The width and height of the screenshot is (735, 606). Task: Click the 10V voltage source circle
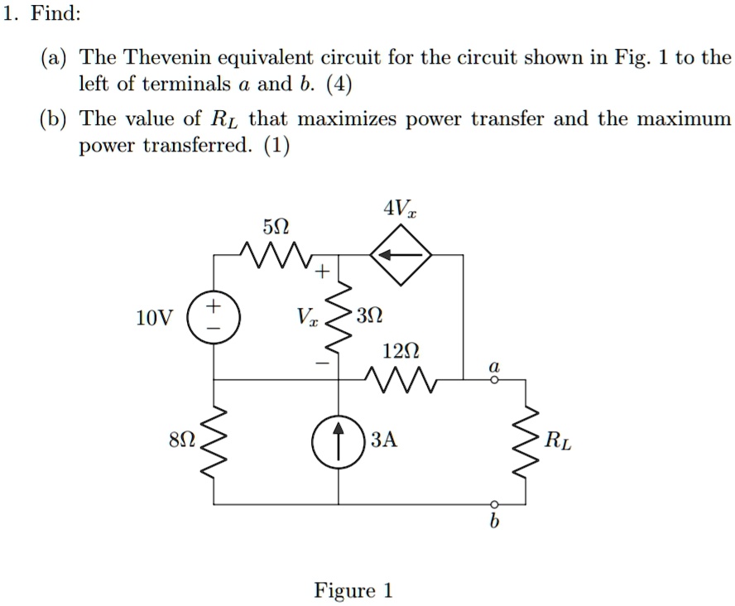[214, 318]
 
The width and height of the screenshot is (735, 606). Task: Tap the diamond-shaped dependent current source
[401, 256]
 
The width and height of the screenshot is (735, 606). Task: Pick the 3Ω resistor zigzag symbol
[339, 317]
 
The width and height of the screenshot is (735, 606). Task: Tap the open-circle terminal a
[494, 379]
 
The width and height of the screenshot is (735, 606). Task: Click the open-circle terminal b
[494, 503]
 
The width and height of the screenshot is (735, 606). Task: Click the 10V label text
[151, 319]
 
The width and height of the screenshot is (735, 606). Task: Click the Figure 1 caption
[353, 590]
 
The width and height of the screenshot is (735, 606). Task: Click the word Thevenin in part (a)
[160, 58]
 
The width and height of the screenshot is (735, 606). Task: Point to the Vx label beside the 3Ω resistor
[306, 318]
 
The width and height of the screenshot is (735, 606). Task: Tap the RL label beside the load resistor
[558, 441]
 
